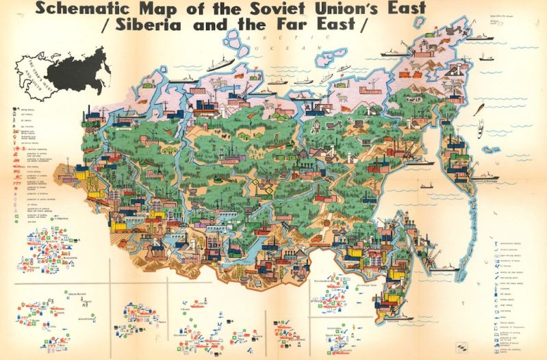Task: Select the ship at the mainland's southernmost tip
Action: [x=400, y=318]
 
